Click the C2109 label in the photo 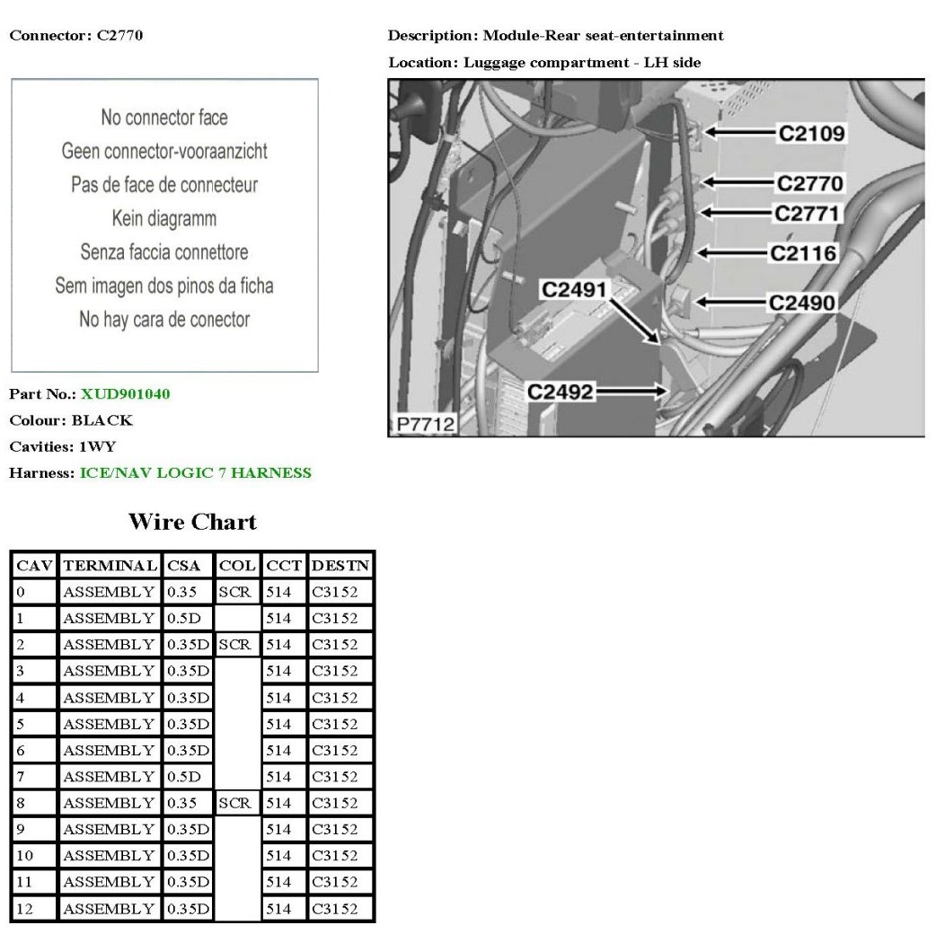pyautogui.click(x=811, y=134)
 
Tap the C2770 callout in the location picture pyautogui.click(x=809, y=184)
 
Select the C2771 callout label pyautogui.click(x=807, y=214)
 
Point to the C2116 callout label pyautogui.click(x=803, y=253)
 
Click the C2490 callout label pyautogui.click(x=802, y=304)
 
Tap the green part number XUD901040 pyautogui.click(x=125, y=393)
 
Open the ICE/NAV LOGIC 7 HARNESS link pyautogui.click(x=195, y=472)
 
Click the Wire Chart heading pyautogui.click(x=192, y=522)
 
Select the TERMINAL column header pyautogui.click(x=110, y=566)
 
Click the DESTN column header pyautogui.click(x=340, y=566)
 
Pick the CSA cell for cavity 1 pyautogui.click(x=188, y=618)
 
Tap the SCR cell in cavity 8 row pyautogui.click(x=235, y=803)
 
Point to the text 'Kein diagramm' pyautogui.click(x=164, y=218)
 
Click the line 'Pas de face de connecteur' pyautogui.click(x=164, y=185)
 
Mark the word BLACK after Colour pyautogui.click(x=102, y=420)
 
